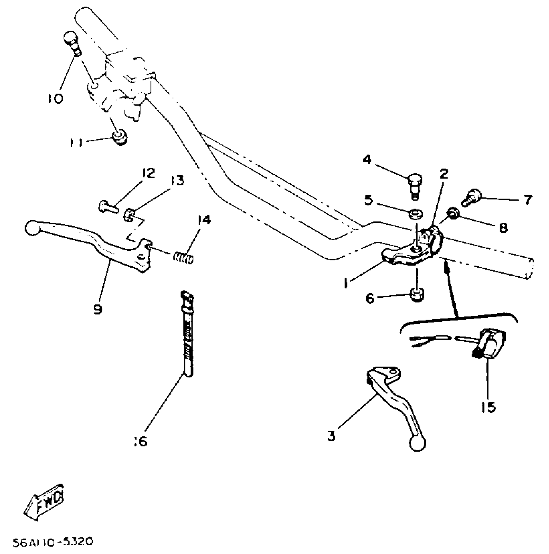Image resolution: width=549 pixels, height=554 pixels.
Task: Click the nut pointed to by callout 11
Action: (120, 138)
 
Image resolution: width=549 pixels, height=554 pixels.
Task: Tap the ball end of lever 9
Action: (32, 228)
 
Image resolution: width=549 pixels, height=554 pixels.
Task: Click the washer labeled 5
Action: (416, 214)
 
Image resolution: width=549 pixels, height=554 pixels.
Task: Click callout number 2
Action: (444, 174)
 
